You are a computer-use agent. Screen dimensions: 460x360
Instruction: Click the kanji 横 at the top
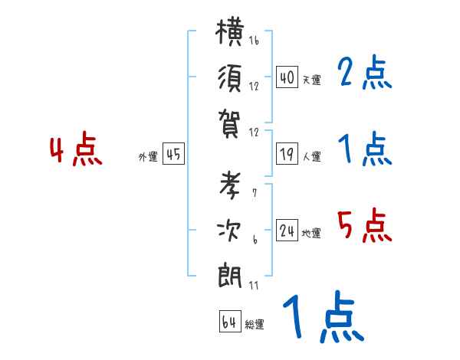coord(229,31)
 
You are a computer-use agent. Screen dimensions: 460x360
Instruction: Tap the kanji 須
coord(230,79)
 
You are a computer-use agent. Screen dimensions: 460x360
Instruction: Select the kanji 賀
coord(229,123)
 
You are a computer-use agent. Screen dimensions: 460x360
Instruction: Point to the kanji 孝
coord(230,185)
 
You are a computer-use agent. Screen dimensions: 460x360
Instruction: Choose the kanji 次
coord(229,231)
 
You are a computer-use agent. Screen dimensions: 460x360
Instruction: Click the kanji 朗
coord(230,276)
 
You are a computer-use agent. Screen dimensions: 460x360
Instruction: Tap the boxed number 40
coord(287,77)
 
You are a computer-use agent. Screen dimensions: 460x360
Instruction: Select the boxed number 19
coord(287,154)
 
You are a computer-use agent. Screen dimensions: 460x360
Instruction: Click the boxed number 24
coord(287,230)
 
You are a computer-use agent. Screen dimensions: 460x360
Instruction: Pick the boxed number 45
coord(173,154)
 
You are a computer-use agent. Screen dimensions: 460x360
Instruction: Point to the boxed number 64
coord(230,321)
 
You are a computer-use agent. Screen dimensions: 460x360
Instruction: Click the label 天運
coord(312,80)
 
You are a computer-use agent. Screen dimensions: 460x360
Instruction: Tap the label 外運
coord(148,157)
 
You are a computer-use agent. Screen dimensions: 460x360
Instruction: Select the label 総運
coord(255,325)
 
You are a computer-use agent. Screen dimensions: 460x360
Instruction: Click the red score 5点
coord(365,225)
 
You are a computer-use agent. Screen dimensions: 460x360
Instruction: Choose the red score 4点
coord(76,149)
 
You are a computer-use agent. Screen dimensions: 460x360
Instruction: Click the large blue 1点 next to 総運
coord(324,317)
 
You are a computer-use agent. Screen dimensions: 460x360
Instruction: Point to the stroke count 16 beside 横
coord(254,41)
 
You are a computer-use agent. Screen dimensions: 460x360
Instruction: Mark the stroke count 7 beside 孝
coord(255,193)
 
